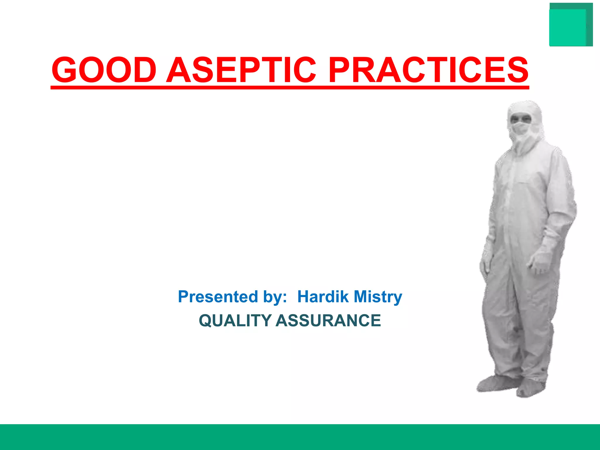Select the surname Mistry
(x=378, y=296)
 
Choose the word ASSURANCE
(x=328, y=320)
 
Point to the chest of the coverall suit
(x=524, y=176)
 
